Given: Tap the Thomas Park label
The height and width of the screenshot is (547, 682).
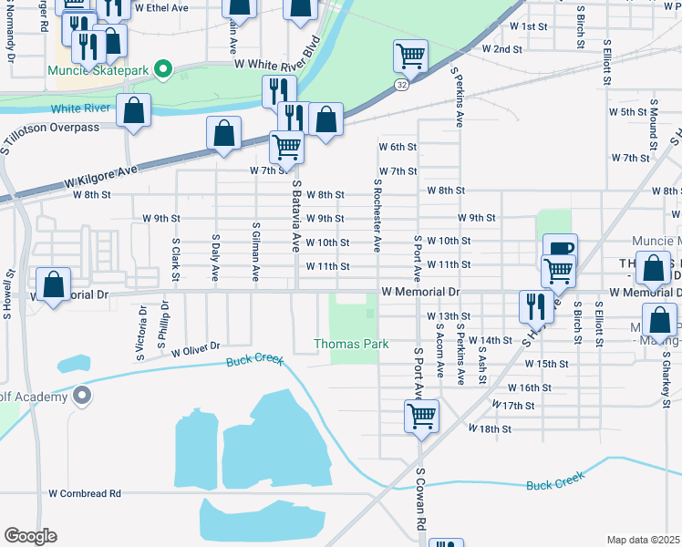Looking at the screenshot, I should (351, 344).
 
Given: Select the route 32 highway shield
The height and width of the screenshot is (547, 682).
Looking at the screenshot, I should (401, 84).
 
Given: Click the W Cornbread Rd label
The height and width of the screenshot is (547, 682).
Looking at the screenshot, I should (85, 493).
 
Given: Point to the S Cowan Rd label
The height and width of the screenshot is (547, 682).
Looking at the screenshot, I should (421, 501).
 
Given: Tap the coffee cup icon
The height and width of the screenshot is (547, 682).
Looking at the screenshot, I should (560, 248).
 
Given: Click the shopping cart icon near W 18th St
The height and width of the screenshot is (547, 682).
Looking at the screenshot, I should (421, 417).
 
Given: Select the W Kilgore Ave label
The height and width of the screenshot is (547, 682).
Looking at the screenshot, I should (100, 178).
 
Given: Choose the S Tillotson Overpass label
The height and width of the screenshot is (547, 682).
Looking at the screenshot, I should (50, 127).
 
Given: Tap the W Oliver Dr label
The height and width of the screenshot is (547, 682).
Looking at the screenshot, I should (196, 347).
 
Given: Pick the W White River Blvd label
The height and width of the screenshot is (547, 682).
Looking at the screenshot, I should (279, 54).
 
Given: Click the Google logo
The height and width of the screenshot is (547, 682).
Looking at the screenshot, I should (30, 536).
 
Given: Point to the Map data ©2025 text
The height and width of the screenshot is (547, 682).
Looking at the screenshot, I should (643, 540).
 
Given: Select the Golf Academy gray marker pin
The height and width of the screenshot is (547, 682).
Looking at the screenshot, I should (82, 396).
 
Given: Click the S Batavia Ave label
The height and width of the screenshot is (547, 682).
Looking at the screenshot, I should (295, 215).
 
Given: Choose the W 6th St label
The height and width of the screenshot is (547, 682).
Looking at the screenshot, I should (398, 147).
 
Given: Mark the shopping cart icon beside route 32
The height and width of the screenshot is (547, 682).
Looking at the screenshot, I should (410, 57).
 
